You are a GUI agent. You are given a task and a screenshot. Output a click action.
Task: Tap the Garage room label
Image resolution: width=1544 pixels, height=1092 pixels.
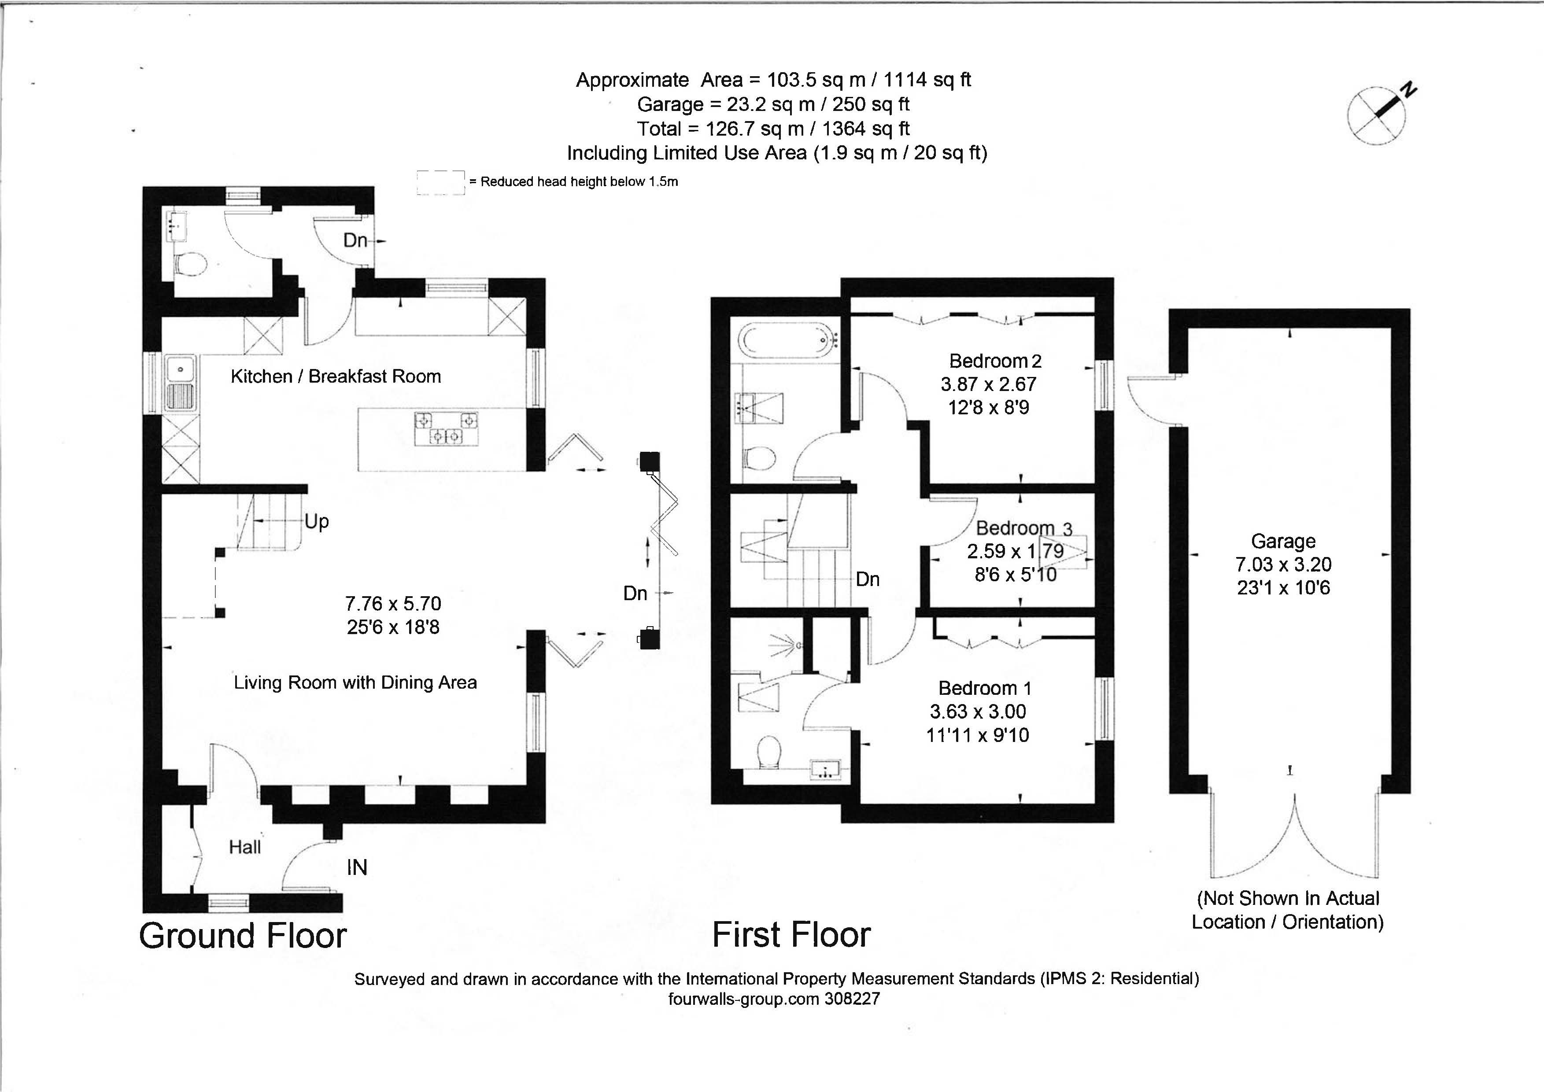[x=1283, y=541]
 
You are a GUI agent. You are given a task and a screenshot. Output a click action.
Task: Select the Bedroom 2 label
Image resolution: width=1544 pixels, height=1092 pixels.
[x=995, y=361]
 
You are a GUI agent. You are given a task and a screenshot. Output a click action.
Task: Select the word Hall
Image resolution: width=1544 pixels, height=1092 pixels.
[x=245, y=847]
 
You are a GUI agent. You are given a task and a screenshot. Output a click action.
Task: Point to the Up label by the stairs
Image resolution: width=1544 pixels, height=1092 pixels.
[x=317, y=522]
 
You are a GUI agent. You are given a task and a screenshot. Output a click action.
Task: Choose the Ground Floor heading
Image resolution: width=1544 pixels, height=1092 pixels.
[x=243, y=935]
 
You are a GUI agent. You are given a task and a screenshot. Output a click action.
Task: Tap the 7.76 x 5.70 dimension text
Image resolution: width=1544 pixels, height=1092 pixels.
[x=393, y=604]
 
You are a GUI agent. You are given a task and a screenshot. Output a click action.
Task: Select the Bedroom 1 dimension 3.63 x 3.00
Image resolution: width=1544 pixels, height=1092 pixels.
[x=978, y=712]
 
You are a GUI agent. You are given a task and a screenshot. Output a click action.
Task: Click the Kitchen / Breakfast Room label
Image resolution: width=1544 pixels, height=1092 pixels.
[x=336, y=376]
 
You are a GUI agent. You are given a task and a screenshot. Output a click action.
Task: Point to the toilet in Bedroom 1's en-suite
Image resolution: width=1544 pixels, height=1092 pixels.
[x=768, y=753]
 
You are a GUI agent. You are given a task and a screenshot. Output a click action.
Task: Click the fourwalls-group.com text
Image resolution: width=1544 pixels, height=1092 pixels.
[x=742, y=999]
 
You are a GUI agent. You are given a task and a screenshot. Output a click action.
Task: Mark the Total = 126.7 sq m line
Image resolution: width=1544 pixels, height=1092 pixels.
[x=773, y=129]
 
